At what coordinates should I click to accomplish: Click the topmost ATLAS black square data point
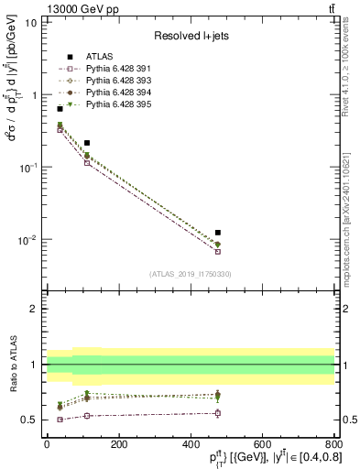60,109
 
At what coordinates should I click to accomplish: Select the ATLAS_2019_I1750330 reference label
191,273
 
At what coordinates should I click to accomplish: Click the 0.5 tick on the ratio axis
30,420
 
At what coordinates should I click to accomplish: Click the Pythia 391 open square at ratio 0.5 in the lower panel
60,420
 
